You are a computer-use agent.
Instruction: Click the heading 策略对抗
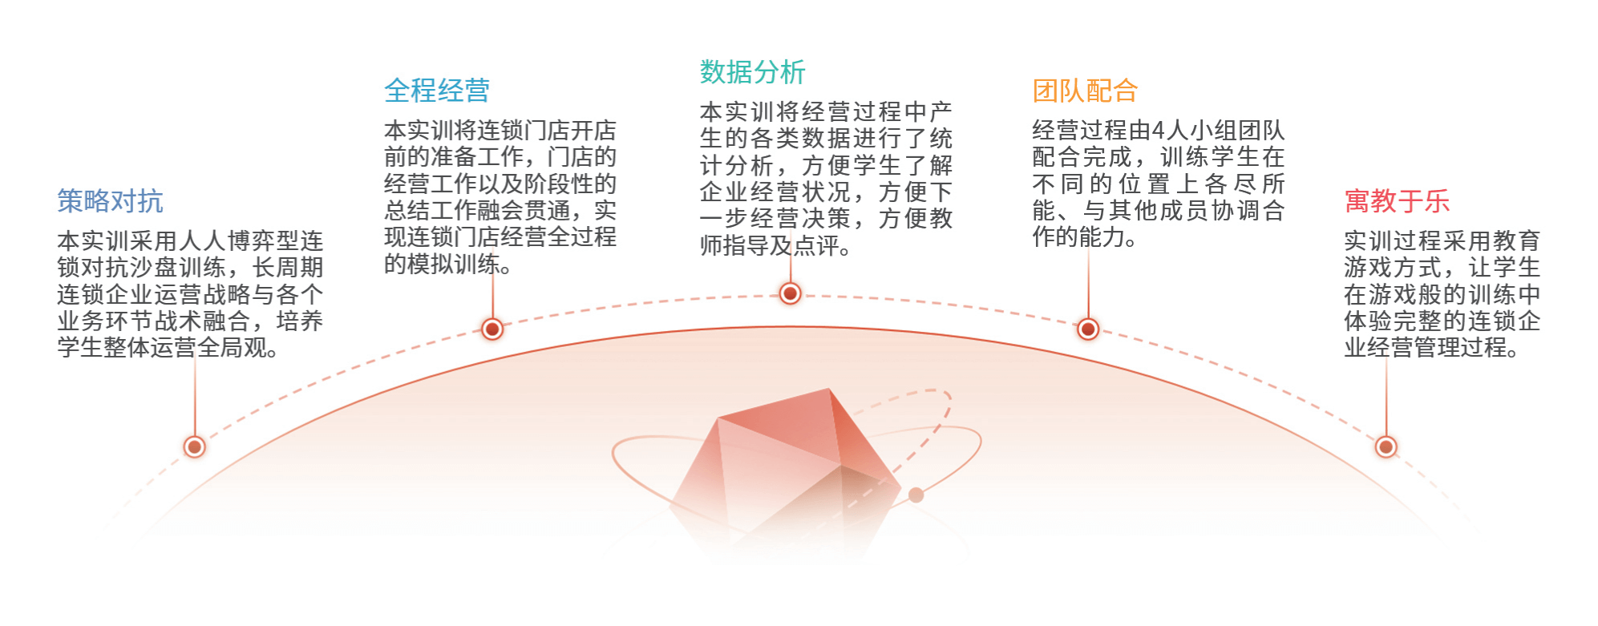pos(110,201)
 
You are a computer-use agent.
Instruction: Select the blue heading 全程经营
pos(437,91)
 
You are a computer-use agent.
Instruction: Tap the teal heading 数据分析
pos(752,72)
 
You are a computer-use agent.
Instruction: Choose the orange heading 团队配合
pos(1085,91)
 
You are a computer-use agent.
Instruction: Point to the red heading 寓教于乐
pos(1397,201)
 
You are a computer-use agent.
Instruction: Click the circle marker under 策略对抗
pos(194,446)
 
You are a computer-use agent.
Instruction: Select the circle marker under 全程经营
pos(492,329)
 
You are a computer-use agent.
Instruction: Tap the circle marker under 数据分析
pos(790,293)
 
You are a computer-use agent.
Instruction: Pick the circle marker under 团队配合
pos(1088,329)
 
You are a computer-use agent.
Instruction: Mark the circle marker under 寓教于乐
pos(1386,446)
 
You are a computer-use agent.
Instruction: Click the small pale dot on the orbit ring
pos(916,495)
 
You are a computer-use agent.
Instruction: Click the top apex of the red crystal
pos(829,389)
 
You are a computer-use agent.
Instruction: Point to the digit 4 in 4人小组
pos(1157,131)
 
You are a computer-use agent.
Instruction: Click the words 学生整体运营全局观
pos(168,348)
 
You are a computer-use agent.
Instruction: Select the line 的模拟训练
pos(447,264)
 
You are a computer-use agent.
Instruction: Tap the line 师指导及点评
pos(775,245)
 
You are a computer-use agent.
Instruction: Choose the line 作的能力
pos(1084,237)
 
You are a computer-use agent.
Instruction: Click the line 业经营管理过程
pos(1431,348)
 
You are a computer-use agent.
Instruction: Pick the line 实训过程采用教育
pos(1442,240)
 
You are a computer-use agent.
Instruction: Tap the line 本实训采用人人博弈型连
pos(190,240)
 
